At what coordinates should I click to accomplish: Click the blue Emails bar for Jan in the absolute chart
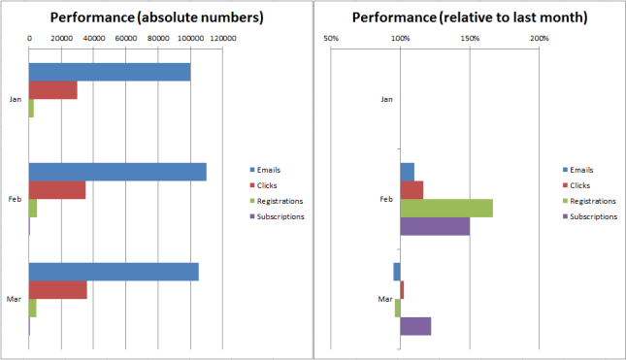click(109, 73)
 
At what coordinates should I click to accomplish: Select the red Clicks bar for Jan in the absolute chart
click(52, 90)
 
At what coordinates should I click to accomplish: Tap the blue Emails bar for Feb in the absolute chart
click(116, 172)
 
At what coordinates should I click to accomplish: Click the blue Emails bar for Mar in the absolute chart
click(113, 272)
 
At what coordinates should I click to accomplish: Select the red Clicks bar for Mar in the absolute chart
click(57, 289)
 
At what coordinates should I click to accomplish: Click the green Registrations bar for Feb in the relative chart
click(446, 208)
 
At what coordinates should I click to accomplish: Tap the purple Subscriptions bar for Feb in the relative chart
click(435, 225)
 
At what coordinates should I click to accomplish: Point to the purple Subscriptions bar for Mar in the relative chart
click(415, 326)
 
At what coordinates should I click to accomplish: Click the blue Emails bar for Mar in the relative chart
click(397, 272)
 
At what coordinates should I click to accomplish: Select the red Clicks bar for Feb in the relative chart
click(412, 189)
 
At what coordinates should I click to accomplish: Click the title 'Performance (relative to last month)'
click(469, 17)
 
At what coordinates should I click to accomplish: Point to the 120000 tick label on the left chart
click(223, 39)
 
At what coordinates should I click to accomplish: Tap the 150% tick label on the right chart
click(470, 39)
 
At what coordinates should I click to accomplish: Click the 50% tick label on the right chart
click(330, 39)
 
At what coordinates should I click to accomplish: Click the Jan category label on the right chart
click(387, 99)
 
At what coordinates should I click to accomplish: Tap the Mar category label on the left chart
click(16, 299)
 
